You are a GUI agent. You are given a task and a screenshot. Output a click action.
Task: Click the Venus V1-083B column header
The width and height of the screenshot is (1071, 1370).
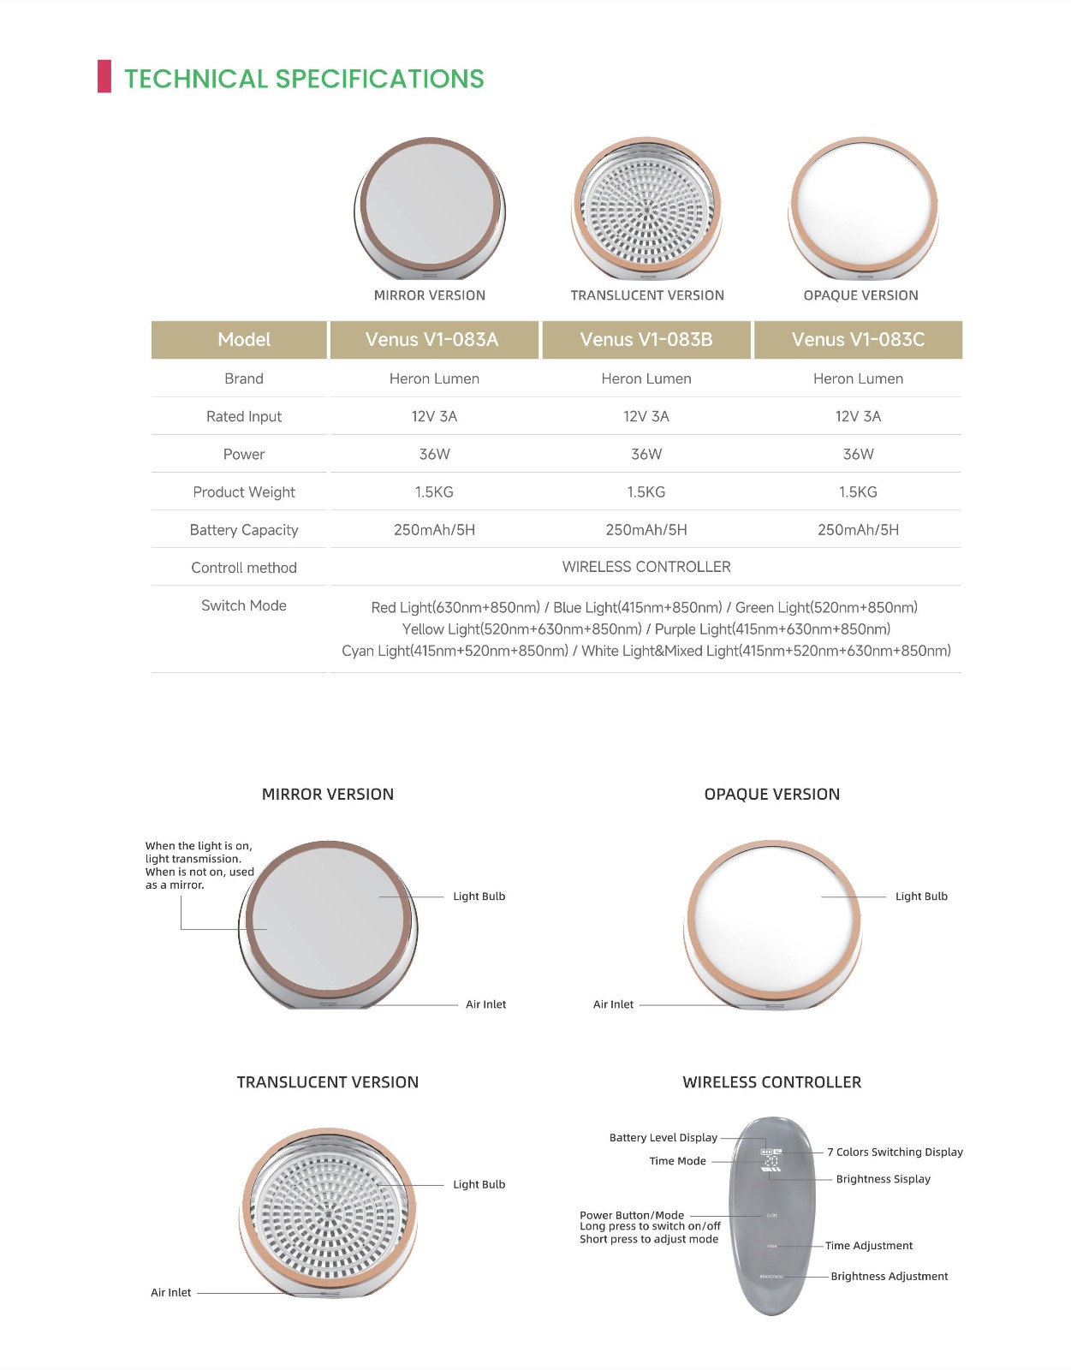coord(646,340)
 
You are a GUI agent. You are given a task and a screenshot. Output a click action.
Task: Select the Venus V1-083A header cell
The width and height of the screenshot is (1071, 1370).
coord(432,340)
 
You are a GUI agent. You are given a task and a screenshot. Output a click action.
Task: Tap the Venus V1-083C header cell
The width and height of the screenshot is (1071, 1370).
coord(858,340)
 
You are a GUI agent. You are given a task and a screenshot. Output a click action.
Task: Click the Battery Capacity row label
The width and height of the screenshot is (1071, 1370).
coord(244,530)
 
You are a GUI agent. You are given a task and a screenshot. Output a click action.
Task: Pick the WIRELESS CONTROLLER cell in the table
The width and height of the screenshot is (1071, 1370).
coord(646,567)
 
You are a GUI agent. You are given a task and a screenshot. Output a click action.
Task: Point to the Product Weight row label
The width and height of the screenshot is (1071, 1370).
coord(244,492)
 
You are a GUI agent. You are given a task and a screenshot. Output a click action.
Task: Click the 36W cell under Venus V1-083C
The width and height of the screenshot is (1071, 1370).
coord(858,455)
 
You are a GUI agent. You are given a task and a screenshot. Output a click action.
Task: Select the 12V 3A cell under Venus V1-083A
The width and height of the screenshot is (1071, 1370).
coord(434,417)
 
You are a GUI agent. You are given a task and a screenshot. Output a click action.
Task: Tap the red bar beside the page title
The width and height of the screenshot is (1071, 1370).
coord(104,77)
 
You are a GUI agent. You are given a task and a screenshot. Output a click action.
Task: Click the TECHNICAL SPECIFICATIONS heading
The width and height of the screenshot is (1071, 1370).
coord(304,79)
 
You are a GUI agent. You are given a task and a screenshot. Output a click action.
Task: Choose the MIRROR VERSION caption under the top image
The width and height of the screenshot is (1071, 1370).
coord(429,295)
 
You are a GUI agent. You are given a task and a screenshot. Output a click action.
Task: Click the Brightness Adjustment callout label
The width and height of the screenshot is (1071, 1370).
coord(889,1277)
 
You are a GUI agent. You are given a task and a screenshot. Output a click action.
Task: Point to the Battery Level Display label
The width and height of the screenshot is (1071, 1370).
coord(663,1138)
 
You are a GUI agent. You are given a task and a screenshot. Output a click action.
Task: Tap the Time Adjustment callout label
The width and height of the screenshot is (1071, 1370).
coord(868,1246)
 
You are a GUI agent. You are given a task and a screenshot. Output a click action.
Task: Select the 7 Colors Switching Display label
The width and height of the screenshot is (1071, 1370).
coord(895,1153)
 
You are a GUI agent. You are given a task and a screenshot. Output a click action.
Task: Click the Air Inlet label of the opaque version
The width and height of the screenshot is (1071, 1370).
coord(613,1004)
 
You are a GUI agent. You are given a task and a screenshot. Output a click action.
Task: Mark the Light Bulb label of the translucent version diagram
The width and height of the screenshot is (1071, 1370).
coord(479,1185)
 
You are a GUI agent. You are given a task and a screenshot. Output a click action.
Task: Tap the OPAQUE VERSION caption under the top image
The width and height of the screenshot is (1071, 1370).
coord(860,295)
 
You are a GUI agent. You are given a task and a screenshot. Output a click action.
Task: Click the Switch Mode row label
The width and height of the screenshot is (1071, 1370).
coord(244,605)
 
